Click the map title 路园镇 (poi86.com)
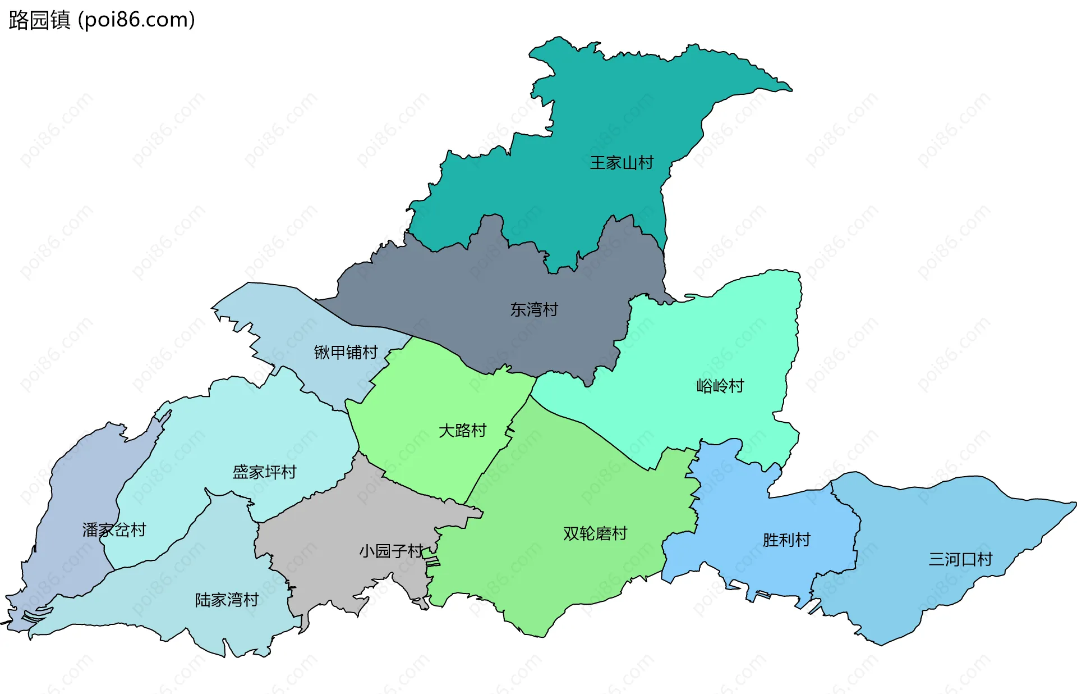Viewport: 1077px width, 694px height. [102, 20]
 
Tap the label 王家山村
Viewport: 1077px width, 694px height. [622, 163]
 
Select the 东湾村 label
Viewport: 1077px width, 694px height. [534, 309]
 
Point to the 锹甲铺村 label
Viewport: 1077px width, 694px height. [346, 352]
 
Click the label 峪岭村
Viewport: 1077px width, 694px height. [720, 386]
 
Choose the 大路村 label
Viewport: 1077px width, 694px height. [462, 431]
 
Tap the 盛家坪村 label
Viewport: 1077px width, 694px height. [264, 472]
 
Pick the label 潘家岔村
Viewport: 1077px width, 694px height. [114, 529]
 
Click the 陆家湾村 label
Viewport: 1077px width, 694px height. [227, 600]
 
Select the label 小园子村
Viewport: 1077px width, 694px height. [391, 551]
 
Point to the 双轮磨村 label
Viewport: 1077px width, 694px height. [595, 533]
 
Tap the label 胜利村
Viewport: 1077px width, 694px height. [786, 540]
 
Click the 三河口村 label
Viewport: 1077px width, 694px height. [960, 559]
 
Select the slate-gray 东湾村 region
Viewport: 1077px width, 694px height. [477, 292]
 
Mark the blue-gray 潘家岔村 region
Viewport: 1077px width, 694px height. [79, 494]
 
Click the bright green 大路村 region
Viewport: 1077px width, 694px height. [426, 393]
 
